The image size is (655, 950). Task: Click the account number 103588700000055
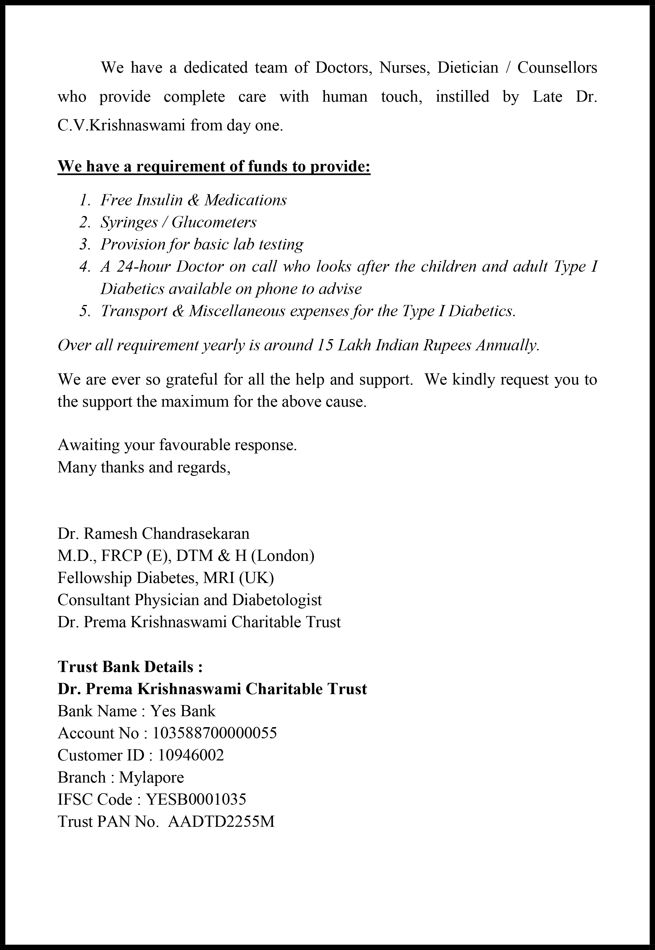pyautogui.click(x=215, y=733)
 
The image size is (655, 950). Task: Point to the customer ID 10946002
pyautogui.click(x=191, y=755)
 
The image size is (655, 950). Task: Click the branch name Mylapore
pyautogui.click(x=151, y=777)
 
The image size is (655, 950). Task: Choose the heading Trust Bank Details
pyautogui.click(x=130, y=667)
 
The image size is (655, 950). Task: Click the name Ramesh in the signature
pyautogui.click(x=111, y=534)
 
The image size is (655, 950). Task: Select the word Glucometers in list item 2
pyautogui.click(x=214, y=222)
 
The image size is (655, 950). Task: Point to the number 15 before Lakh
pyautogui.click(x=325, y=345)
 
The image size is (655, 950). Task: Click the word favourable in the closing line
pyautogui.click(x=194, y=445)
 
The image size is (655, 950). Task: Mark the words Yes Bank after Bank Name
pyautogui.click(x=183, y=711)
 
